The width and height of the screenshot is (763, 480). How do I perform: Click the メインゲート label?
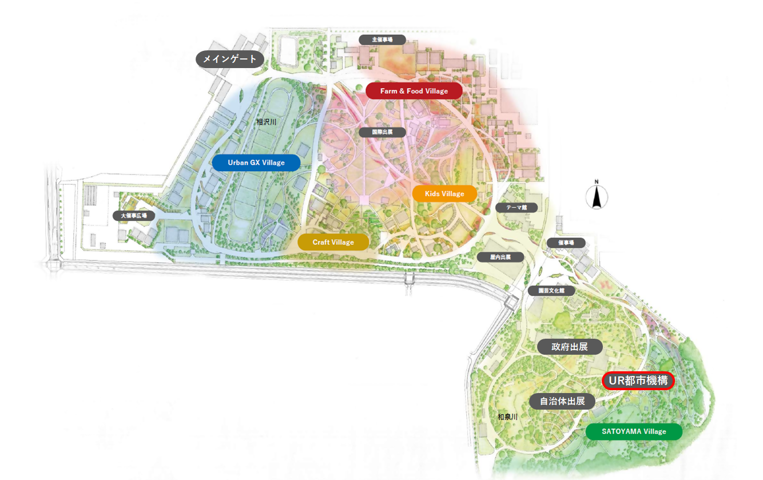pyautogui.click(x=230, y=59)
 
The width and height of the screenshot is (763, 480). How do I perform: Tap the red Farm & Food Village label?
pyautogui.click(x=414, y=91)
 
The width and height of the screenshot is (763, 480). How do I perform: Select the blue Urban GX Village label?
pyautogui.click(x=256, y=162)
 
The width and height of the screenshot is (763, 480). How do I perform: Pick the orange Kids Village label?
pyautogui.click(x=444, y=193)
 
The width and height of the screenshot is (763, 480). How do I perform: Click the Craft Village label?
pyautogui.click(x=333, y=242)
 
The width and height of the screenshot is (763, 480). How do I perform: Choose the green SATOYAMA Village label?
pyautogui.click(x=634, y=431)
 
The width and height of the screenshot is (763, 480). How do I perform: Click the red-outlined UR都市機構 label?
pyautogui.click(x=638, y=381)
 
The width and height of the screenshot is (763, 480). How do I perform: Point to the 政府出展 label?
pyautogui.click(x=570, y=347)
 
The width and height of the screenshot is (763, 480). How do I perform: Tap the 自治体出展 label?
pyautogui.click(x=562, y=401)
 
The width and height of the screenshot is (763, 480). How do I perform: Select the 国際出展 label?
pyautogui.click(x=383, y=132)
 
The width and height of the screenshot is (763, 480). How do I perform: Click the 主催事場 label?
pyautogui.click(x=382, y=39)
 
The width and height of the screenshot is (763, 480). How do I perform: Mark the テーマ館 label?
pyautogui.click(x=516, y=208)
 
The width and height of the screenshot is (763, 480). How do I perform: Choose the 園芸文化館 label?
pyautogui.click(x=551, y=291)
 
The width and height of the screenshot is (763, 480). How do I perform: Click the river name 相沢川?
pyautogui.click(x=266, y=122)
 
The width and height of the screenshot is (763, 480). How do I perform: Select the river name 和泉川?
pyautogui.click(x=507, y=417)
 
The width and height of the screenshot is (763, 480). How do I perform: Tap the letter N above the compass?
pyautogui.click(x=596, y=183)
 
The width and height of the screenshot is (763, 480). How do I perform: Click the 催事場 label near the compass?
pyautogui.click(x=566, y=243)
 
